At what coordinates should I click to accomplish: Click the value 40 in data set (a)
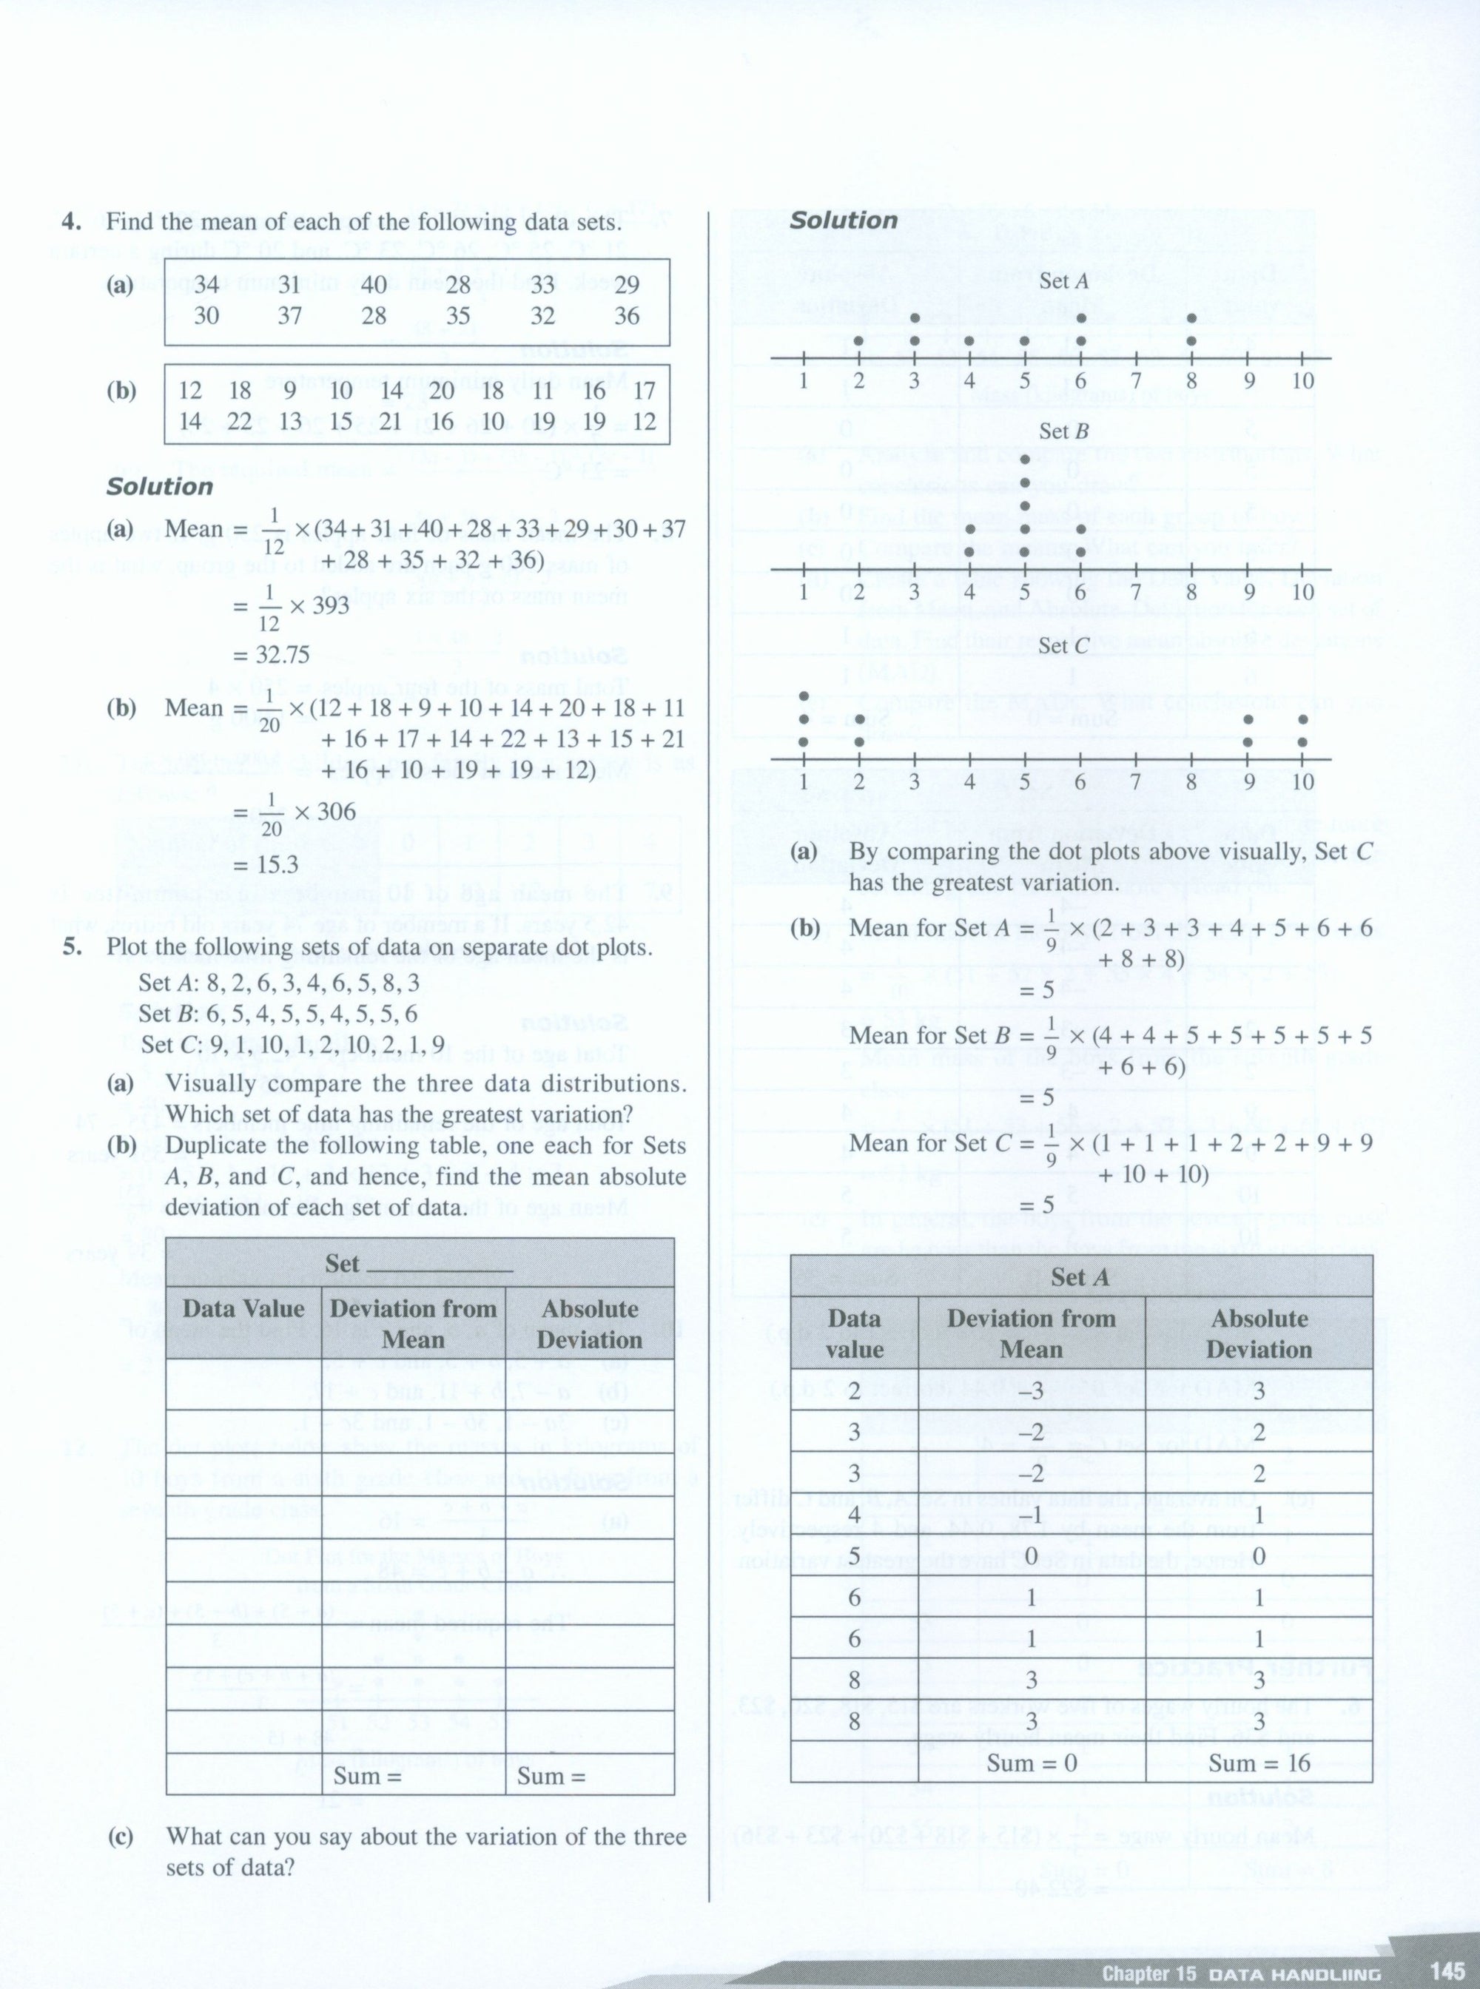[374, 285]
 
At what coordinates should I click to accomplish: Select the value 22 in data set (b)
[239, 421]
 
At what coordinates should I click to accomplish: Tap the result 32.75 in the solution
[271, 655]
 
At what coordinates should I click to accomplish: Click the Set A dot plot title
[1063, 280]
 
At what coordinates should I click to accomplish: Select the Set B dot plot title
[1063, 431]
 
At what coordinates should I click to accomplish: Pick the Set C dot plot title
[1064, 645]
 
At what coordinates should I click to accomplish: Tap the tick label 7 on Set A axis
[1135, 382]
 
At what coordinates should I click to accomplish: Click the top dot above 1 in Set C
[804, 696]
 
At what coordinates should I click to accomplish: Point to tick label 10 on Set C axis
[1302, 782]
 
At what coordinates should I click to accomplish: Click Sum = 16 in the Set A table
[1259, 1763]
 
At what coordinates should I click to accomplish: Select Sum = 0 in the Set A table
[1032, 1763]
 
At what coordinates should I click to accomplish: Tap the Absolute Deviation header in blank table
[590, 1325]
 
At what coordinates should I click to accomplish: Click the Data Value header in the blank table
[243, 1309]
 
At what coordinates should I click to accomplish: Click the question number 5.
[73, 947]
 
